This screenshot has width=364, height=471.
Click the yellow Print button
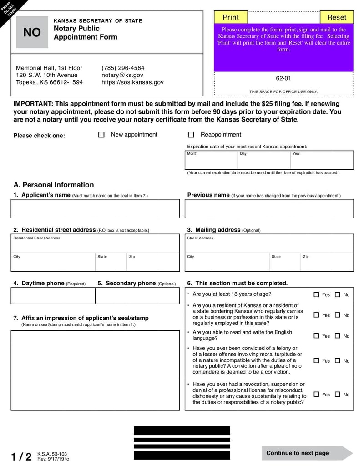(x=231, y=17)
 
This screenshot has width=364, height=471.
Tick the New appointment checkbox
(x=101, y=135)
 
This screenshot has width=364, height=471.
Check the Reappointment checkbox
(x=191, y=135)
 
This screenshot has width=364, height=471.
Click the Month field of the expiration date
(x=211, y=160)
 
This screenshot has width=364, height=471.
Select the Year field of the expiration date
(x=322, y=160)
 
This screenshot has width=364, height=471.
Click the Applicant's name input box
(x=96, y=209)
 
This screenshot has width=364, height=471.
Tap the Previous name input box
(x=269, y=209)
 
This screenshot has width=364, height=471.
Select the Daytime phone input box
(x=53, y=296)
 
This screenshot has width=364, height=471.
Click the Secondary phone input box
(x=137, y=296)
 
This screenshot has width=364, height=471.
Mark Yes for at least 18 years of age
(x=316, y=294)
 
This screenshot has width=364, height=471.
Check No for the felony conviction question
(x=338, y=360)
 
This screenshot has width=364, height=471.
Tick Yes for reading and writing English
(x=316, y=336)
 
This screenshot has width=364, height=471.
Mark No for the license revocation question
(x=338, y=394)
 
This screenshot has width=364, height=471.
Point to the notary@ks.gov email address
(x=122, y=75)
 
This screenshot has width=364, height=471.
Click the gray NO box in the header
(x=32, y=32)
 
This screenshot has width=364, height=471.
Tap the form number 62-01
(x=283, y=78)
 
